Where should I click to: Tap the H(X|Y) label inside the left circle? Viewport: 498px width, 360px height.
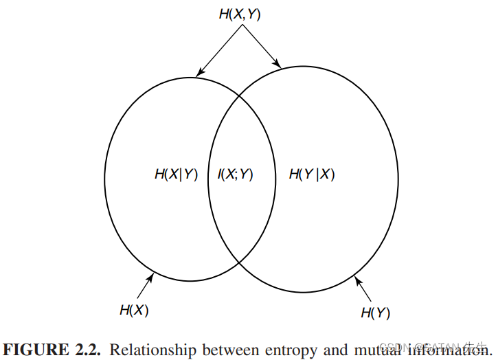[176, 175]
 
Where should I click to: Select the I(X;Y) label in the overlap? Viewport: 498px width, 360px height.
[236, 175]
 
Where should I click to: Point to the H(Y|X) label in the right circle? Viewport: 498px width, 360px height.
[312, 175]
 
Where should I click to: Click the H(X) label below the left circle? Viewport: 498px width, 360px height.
[134, 310]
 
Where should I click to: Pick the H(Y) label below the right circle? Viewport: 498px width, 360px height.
[375, 313]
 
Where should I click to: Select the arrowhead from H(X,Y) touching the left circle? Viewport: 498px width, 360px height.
[199, 74]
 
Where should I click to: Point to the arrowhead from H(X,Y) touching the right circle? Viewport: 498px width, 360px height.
[278, 65]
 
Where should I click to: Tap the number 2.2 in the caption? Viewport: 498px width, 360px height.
[87, 350]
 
